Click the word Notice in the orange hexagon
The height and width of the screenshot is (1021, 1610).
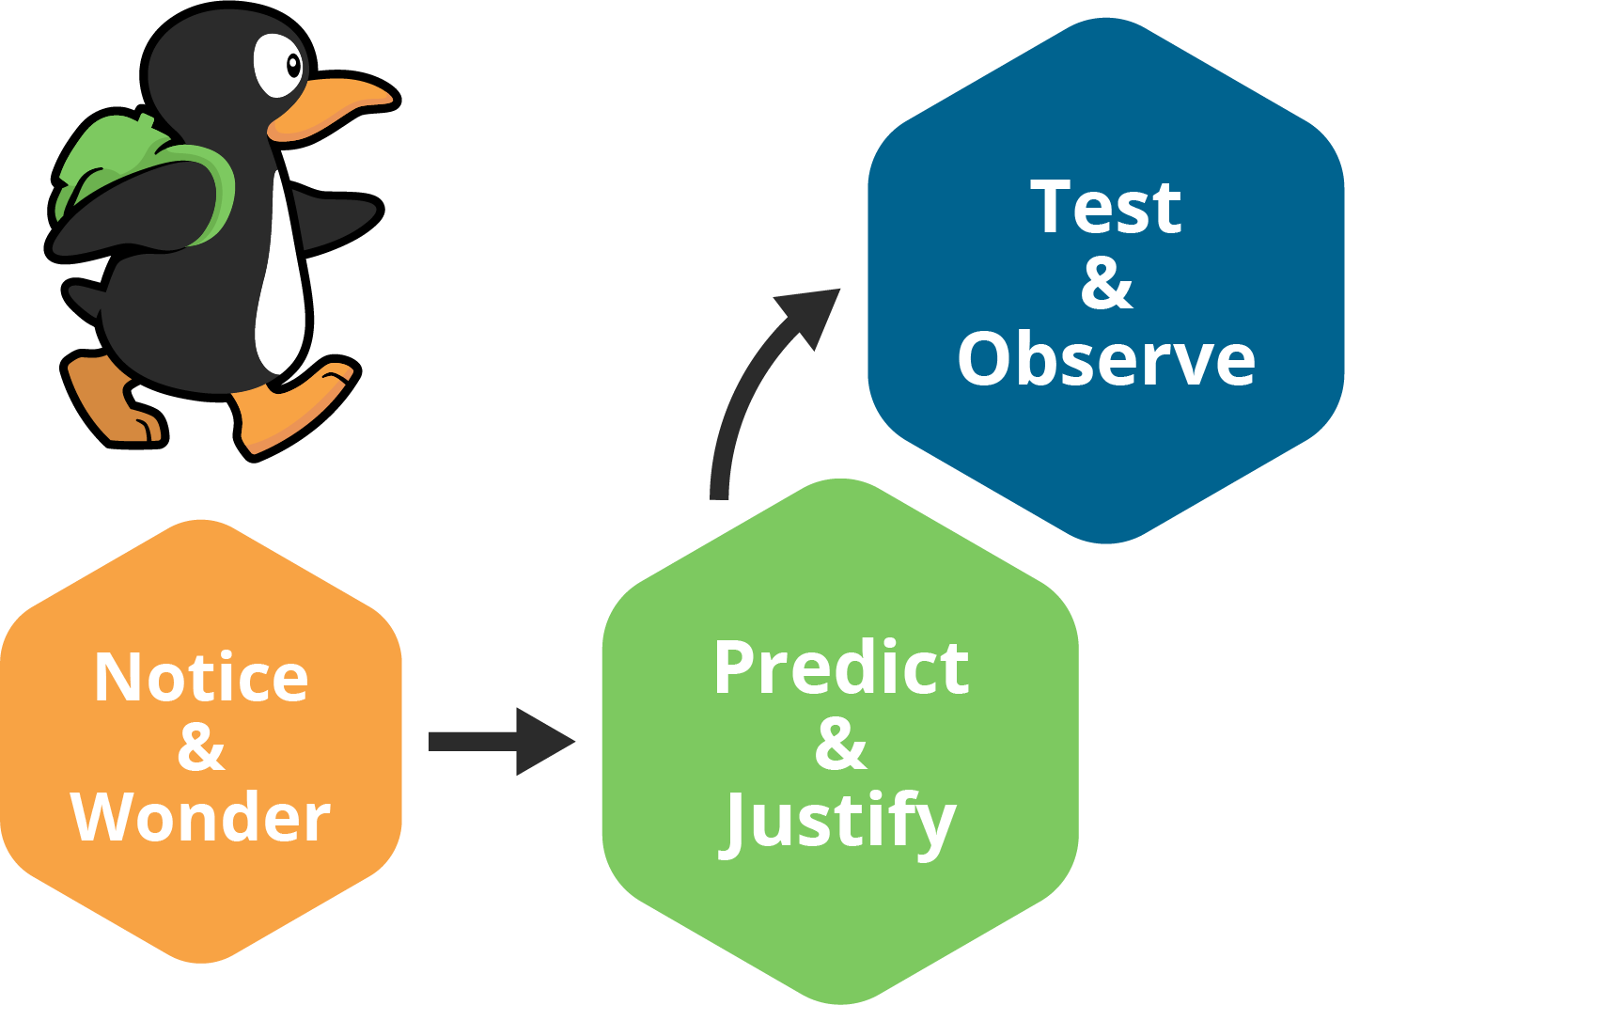201,677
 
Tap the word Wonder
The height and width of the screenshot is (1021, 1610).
200,817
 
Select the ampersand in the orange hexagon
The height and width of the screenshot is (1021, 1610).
200,747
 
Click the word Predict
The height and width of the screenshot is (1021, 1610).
840,668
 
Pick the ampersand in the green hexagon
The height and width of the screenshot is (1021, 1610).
840,744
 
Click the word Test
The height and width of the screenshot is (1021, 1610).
1105,207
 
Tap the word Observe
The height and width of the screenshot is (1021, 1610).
1105,359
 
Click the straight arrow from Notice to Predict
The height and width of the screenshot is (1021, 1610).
498,742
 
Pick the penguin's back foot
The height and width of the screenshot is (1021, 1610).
113,400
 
